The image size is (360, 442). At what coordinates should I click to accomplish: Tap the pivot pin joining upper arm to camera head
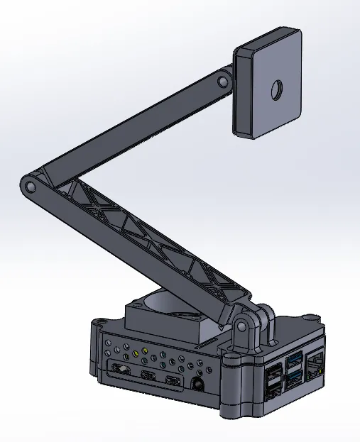[x=222, y=82]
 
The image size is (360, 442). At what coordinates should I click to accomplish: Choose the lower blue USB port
[x=293, y=377]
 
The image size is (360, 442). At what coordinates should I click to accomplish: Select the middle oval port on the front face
[x=148, y=375]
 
